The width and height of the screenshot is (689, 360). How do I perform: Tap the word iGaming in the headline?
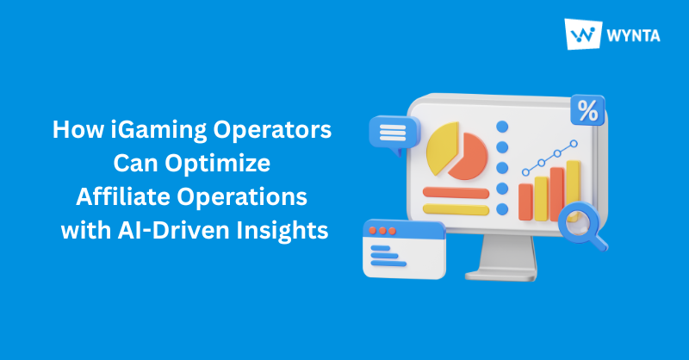tap(151, 131)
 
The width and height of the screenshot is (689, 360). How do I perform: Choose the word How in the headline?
tap(73, 131)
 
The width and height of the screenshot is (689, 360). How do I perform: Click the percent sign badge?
tap(587, 110)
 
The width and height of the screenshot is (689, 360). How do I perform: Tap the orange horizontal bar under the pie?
tap(455, 191)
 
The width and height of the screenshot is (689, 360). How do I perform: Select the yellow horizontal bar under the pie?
tap(454, 208)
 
